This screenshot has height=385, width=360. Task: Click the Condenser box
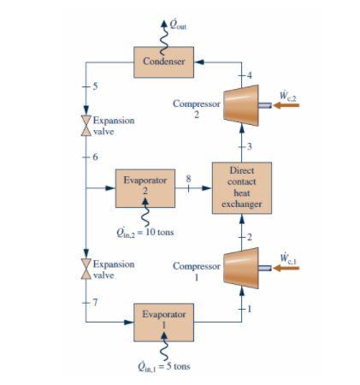(163, 62)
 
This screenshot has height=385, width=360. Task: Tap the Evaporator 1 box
(166, 320)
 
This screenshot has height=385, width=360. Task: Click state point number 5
(95, 87)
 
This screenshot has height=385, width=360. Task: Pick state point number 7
(95, 302)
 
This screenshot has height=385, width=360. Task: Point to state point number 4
(250, 77)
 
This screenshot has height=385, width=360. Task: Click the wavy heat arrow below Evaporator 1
(166, 347)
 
